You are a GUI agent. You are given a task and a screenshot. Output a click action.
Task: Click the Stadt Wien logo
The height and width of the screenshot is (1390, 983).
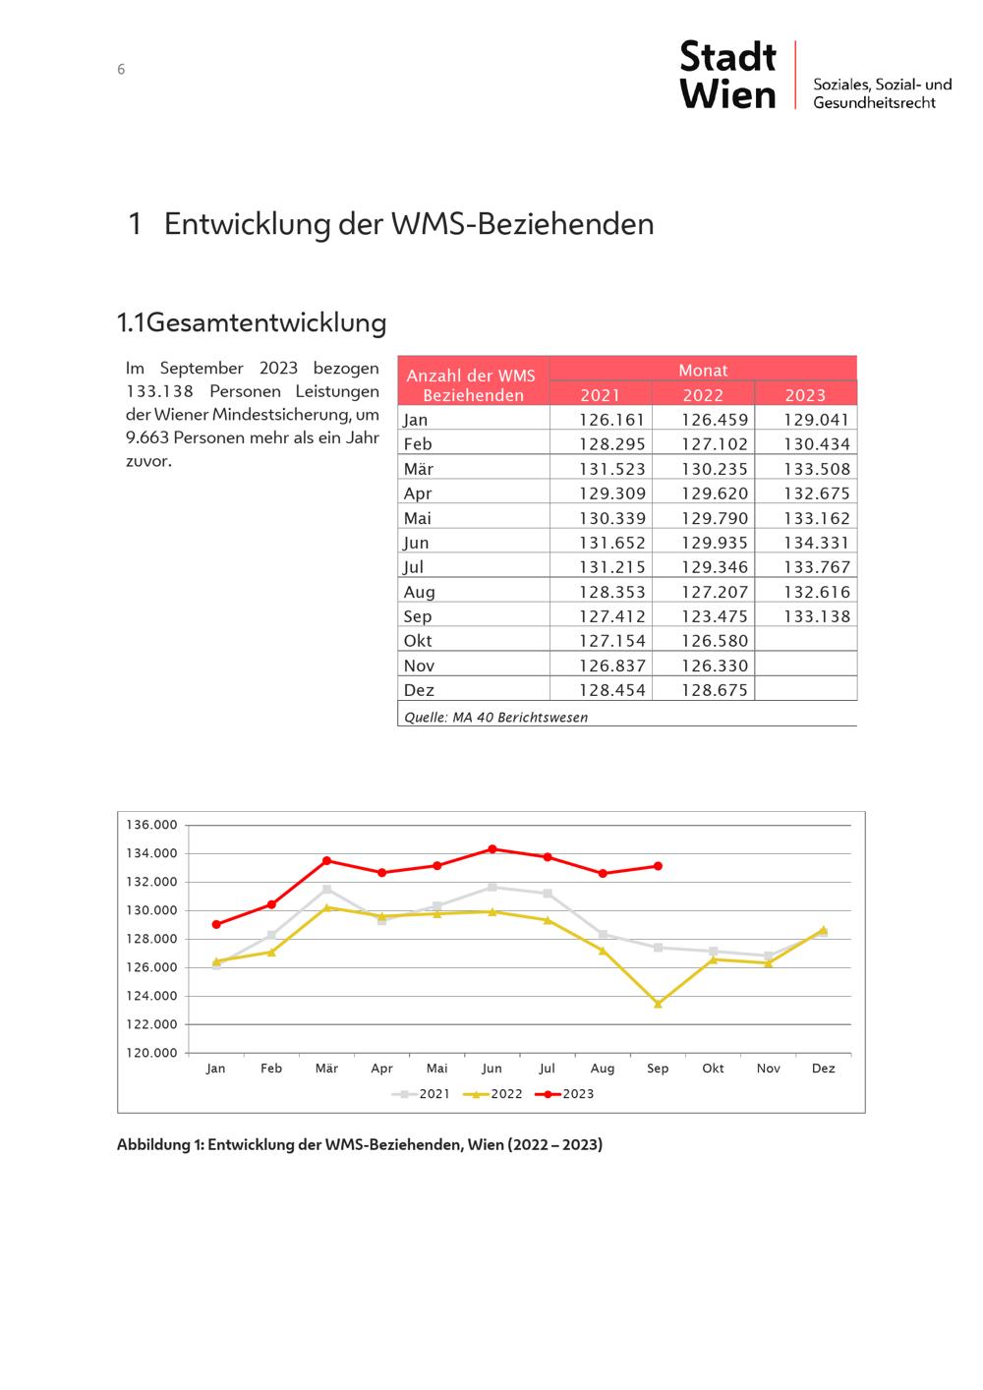pos(728,74)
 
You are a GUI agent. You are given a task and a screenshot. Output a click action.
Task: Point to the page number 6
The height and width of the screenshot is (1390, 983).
pos(121,70)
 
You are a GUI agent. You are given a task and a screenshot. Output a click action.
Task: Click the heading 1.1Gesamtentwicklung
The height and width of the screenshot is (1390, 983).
pos(252,322)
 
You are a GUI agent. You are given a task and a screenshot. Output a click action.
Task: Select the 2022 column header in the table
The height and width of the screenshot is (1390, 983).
pos(703,395)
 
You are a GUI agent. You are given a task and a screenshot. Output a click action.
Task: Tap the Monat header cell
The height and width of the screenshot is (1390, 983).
pos(703,370)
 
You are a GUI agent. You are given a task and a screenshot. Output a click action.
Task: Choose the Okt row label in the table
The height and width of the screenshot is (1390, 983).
pos(418,641)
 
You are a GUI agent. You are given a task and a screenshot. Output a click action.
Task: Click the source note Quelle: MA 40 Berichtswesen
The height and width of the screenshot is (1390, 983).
pos(496,718)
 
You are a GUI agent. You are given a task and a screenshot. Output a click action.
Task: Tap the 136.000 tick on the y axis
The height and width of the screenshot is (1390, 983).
pos(152,825)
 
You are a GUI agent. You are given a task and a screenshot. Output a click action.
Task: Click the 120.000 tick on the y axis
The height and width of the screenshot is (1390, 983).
pos(152,1053)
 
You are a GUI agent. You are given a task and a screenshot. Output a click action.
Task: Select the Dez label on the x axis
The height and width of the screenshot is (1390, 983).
pos(823,1069)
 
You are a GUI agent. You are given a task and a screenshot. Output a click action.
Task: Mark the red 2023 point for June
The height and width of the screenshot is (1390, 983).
pos(492,848)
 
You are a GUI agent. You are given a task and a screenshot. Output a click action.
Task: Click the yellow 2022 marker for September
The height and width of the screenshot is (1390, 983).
pos(658,1004)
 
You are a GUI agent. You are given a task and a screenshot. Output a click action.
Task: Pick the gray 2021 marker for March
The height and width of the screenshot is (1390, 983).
pos(326,890)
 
